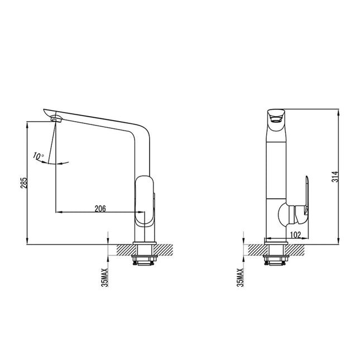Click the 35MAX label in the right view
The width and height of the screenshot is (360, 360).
tap(240, 277)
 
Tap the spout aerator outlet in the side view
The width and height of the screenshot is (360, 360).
tap(55, 118)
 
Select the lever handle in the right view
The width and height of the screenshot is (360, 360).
tap(306, 193)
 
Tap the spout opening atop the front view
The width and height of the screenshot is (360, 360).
tap(274, 116)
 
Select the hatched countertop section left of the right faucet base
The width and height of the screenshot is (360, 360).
tap(256, 249)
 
